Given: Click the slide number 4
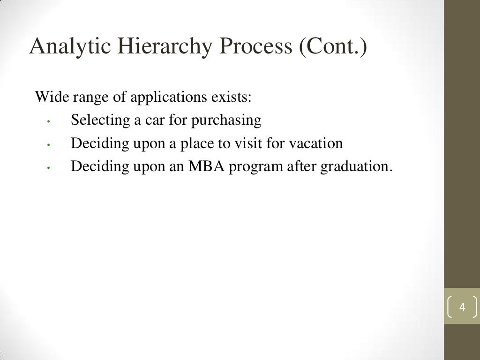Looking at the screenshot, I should click(462, 307).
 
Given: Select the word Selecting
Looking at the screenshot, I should click(100, 120).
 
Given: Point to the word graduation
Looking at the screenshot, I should click(355, 167).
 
